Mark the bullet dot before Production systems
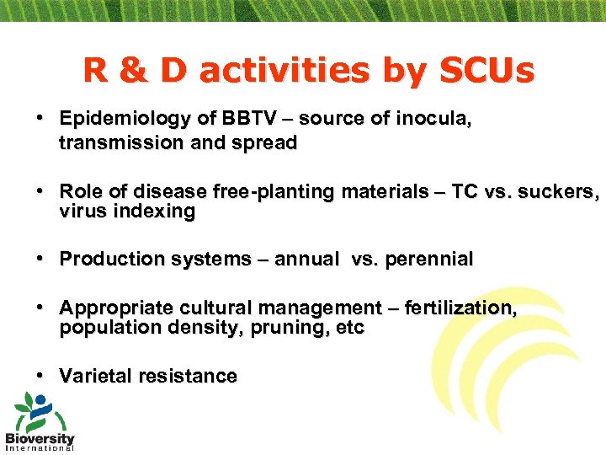(40, 259)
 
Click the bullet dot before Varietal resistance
(40, 375)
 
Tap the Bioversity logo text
(40, 439)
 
